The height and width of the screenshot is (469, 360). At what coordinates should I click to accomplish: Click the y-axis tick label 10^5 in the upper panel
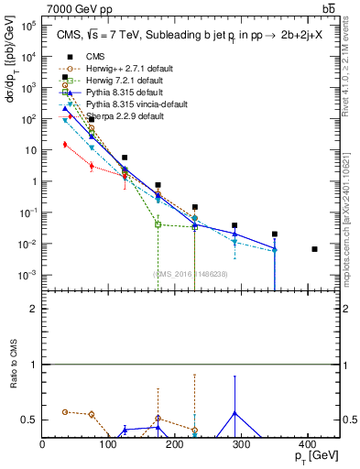click(29, 26)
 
